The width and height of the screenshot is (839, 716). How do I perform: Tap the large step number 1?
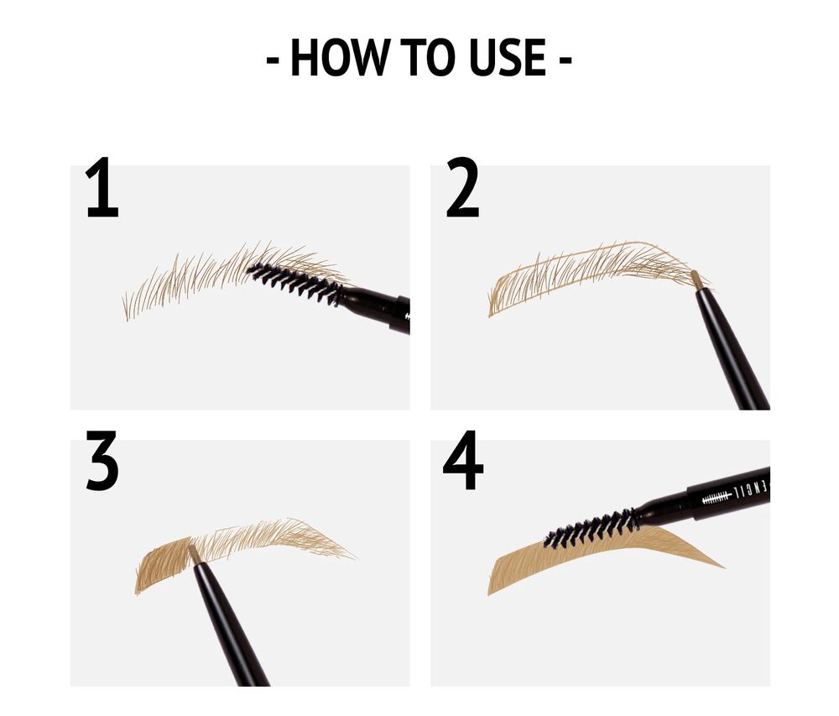click(102, 191)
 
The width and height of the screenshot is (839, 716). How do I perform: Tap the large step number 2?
click(462, 191)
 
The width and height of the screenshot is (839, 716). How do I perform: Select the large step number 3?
click(102, 464)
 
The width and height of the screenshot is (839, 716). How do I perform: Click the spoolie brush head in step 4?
click(591, 526)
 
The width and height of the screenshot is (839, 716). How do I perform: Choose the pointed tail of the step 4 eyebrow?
click(717, 565)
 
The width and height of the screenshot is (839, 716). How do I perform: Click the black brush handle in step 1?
click(378, 306)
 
